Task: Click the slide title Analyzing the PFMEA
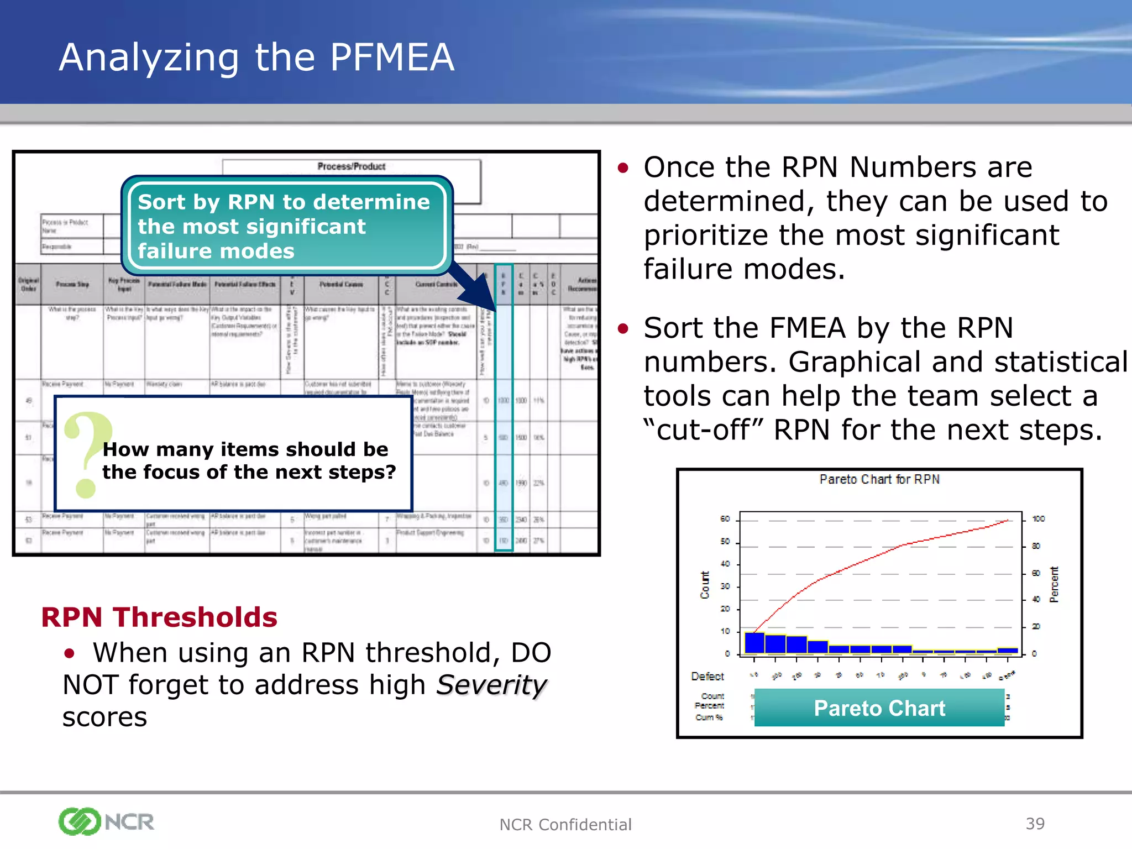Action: (256, 57)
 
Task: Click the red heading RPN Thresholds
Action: (159, 617)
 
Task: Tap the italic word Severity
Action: (491, 685)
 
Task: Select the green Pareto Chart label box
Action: (879, 708)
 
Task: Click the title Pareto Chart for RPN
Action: (879, 479)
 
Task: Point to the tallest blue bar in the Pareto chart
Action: (754, 643)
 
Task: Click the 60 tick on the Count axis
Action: (725, 519)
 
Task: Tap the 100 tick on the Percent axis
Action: (1039, 519)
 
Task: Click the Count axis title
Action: (705, 585)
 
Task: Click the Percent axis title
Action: (1054, 585)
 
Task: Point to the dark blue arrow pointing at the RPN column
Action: (474, 289)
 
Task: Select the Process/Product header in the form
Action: (352, 166)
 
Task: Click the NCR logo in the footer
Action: (106, 822)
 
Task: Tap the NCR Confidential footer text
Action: (565, 825)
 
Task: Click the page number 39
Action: (1035, 824)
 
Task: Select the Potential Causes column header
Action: (341, 284)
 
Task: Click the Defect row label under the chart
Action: (707, 676)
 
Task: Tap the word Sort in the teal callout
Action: (161, 202)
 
